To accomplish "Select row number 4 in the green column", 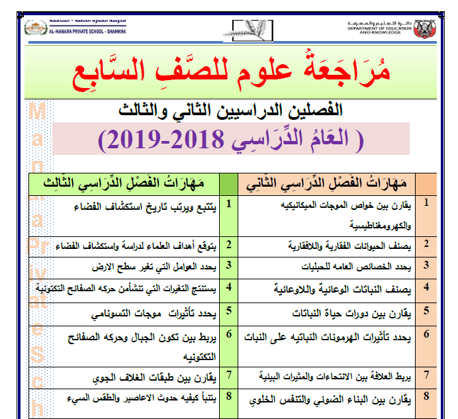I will coord(228,287).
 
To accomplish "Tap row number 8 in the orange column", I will coord(426,396).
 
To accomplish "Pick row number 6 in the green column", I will coord(228,334).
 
